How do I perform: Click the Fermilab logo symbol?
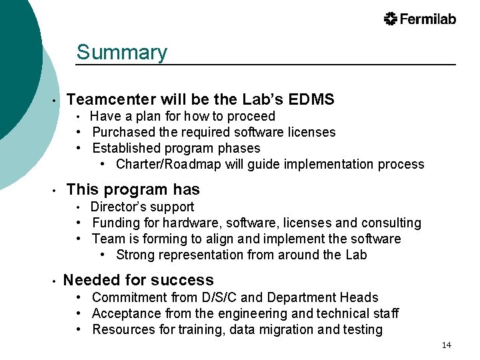(x=391, y=19)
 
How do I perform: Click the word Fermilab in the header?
(x=428, y=19)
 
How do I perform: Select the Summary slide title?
(x=121, y=52)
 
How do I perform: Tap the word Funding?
(x=117, y=223)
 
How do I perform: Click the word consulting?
(x=391, y=223)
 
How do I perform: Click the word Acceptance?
(x=127, y=313)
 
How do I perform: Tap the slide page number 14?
(x=446, y=345)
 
